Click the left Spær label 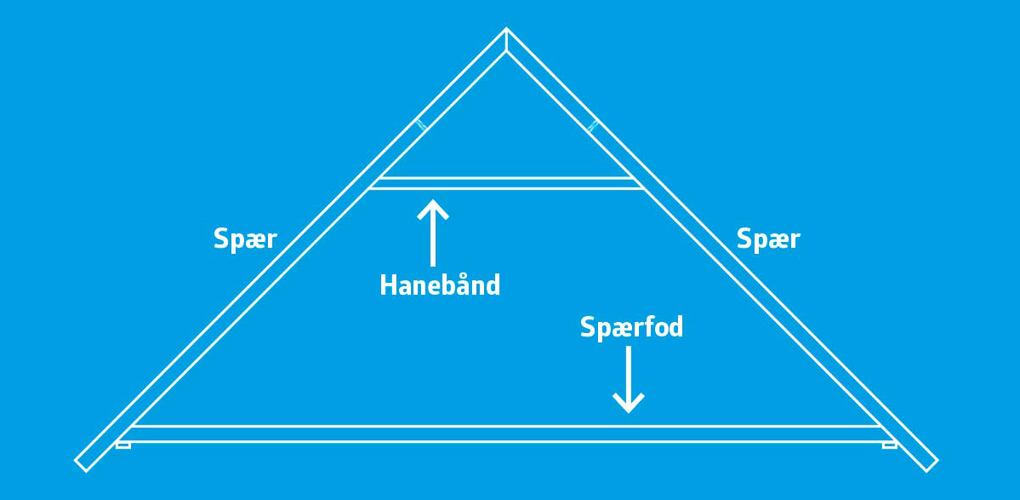pyautogui.click(x=245, y=239)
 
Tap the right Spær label pyautogui.click(x=768, y=239)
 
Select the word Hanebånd pyautogui.click(x=440, y=285)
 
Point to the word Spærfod pyautogui.click(x=631, y=327)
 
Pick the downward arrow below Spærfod pyautogui.click(x=629, y=380)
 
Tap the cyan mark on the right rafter pyautogui.click(x=593, y=126)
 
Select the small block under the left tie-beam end pyautogui.click(x=123, y=445)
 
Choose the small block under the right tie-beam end pyautogui.click(x=889, y=445)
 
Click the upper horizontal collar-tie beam pyautogui.click(x=506, y=183)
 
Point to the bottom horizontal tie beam pyautogui.click(x=506, y=434)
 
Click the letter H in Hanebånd pyautogui.click(x=388, y=285)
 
